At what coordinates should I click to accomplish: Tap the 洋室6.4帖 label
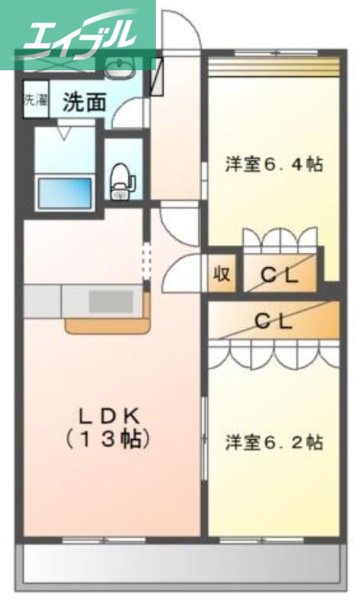coord(273,163)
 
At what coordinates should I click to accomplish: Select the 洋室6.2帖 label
coord(273,441)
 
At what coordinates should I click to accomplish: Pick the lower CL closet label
coord(273,322)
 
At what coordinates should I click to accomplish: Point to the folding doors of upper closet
coord(279,241)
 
